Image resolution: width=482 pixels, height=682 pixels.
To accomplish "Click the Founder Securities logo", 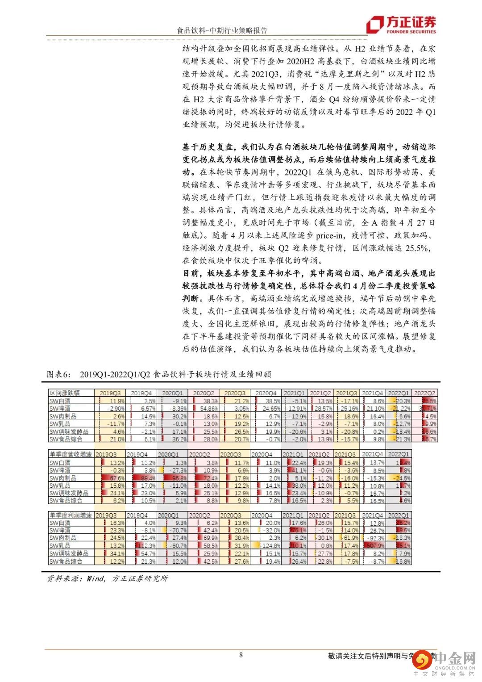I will [x=401, y=25].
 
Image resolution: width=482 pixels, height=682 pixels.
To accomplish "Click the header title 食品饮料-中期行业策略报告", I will [x=222, y=31].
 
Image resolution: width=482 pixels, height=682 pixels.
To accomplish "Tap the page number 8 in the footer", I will [x=241, y=655].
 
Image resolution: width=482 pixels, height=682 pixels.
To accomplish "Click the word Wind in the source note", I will [x=96, y=578].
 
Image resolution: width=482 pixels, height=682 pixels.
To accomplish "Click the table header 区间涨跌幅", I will [x=65, y=393].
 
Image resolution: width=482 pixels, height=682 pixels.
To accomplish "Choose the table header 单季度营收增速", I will [x=71, y=455].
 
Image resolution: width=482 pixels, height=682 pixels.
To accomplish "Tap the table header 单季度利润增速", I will [x=71, y=515].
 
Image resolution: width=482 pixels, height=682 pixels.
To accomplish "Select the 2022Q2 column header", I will [x=425, y=393].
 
